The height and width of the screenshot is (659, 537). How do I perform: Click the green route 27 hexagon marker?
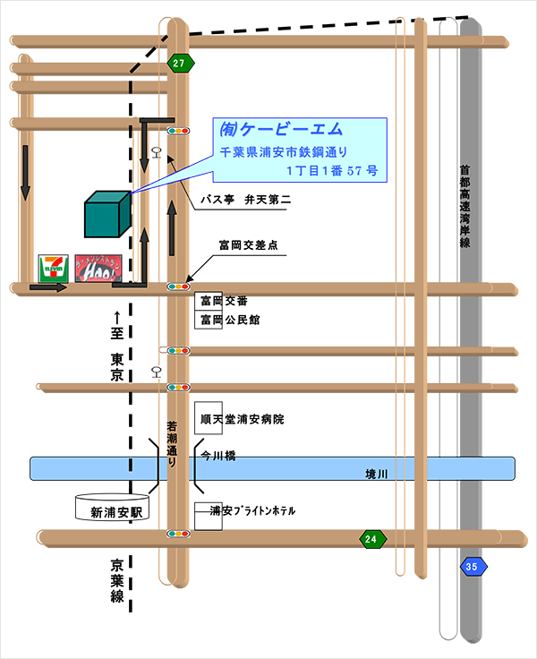click(180, 63)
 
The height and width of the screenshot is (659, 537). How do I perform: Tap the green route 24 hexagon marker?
click(371, 539)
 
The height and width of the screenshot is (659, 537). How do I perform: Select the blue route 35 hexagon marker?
click(471, 567)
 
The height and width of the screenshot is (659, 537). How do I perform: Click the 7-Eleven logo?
click(52, 267)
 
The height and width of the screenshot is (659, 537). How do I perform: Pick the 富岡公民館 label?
click(229, 320)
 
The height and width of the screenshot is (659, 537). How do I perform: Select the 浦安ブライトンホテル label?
click(251, 511)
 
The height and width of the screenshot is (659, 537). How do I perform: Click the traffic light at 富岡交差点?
click(179, 287)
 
